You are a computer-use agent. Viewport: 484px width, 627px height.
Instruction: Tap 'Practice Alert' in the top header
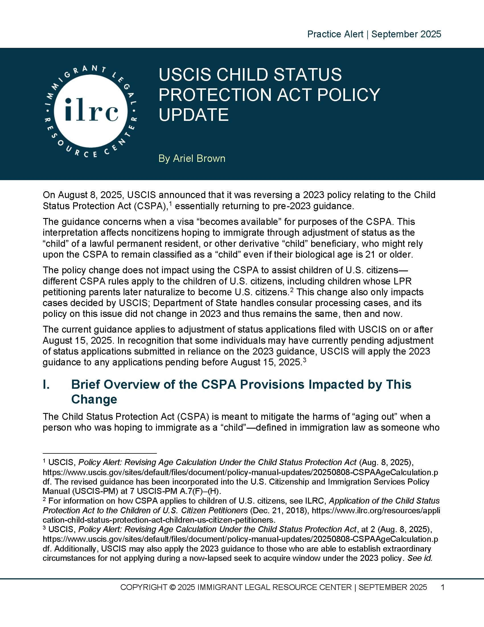[x=335, y=34]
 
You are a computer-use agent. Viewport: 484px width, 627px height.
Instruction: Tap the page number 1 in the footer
[x=442, y=587]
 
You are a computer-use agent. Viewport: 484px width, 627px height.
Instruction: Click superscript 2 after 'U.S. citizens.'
[x=291, y=290]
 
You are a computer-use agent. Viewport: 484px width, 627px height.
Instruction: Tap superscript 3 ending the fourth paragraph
[x=305, y=359]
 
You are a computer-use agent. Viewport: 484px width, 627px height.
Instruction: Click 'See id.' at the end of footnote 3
[x=420, y=558]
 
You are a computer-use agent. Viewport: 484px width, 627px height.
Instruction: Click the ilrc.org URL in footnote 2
[x=376, y=510]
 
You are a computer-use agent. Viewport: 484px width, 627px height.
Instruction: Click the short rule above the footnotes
[x=99, y=453]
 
